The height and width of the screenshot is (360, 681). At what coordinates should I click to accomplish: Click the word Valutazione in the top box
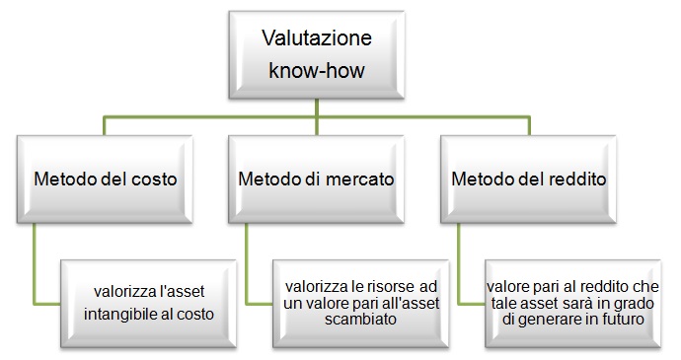317,37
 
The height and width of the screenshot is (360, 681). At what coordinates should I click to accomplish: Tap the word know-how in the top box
317,70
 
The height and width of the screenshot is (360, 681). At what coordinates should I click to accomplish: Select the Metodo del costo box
105,180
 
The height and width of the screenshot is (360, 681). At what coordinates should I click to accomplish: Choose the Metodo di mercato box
316,180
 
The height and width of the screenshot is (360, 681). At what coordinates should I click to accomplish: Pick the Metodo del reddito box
529,180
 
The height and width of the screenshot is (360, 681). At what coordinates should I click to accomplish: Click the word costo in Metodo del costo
154,180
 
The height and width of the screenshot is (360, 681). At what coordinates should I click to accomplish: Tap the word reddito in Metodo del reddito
577,180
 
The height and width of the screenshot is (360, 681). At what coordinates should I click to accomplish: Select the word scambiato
360,320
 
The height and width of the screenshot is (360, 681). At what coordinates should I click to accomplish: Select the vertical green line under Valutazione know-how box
317,116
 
